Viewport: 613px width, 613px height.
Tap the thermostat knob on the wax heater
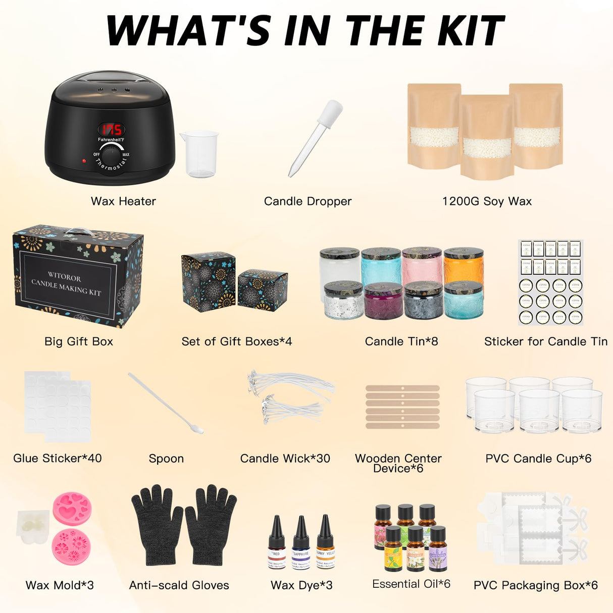[x=111, y=153]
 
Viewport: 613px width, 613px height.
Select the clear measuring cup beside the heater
[x=200, y=154]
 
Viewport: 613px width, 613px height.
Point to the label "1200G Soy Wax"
[x=487, y=201]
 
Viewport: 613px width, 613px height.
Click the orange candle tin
[x=464, y=265]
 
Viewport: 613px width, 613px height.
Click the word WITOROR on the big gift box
[x=64, y=277]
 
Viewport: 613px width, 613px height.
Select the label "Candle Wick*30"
[x=285, y=458]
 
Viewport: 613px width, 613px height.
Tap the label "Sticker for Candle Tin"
[x=546, y=342]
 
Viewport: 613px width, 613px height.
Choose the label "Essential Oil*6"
[x=411, y=584]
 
